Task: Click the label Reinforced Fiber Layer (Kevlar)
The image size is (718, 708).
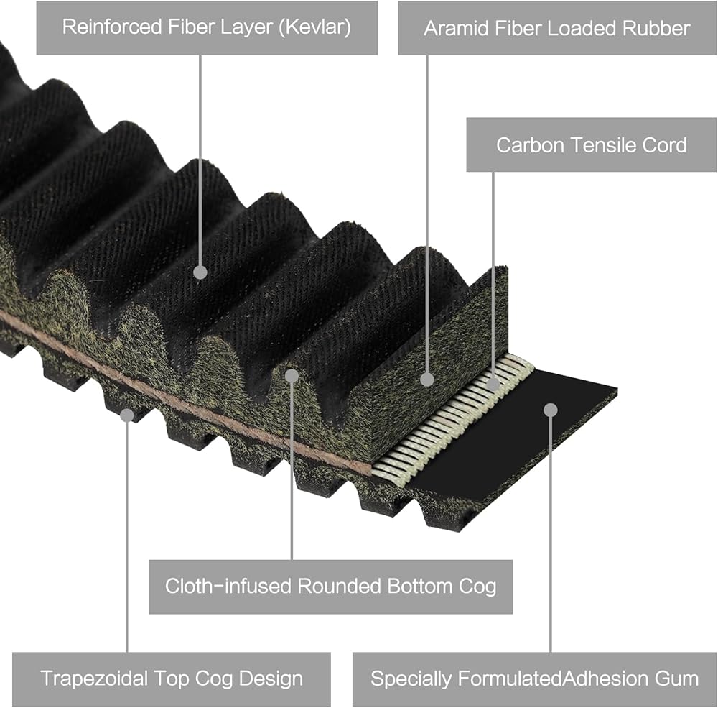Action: (207, 28)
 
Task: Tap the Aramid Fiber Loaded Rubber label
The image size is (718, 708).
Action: (556, 28)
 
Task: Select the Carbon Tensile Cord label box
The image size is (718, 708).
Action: (591, 144)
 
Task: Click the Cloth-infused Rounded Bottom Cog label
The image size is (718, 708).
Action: (330, 586)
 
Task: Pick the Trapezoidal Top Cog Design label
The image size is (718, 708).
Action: (171, 679)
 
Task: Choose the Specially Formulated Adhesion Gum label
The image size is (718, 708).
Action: (534, 679)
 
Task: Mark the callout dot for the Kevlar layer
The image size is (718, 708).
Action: (200, 272)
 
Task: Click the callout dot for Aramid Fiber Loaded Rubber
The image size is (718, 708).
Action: (427, 379)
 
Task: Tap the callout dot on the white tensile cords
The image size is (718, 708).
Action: (493, 385)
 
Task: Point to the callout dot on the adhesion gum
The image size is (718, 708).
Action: (550, 410)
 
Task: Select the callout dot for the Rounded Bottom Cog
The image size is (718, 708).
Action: (292, 375)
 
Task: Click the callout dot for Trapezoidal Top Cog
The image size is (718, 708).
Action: (127, 415)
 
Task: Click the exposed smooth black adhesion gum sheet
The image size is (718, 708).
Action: (517, 438)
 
